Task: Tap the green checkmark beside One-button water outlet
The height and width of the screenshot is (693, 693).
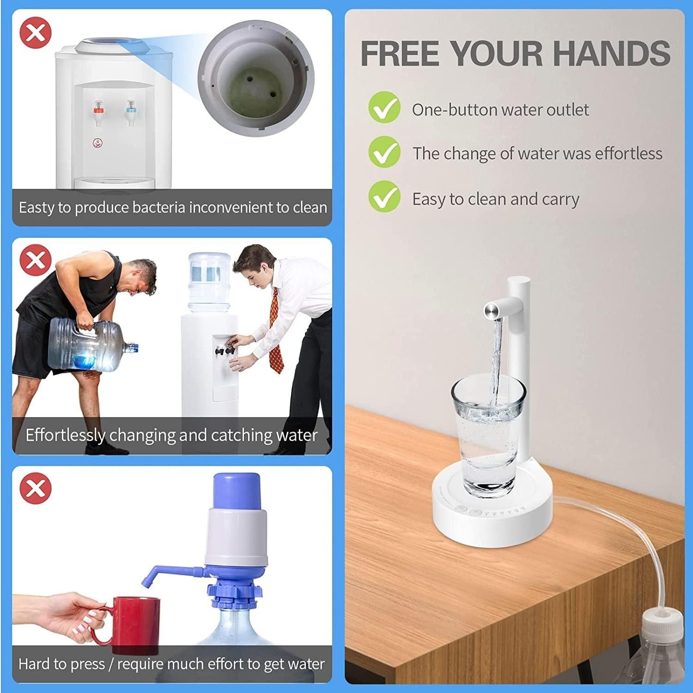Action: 384,107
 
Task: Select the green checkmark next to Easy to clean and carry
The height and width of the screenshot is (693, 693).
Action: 384,197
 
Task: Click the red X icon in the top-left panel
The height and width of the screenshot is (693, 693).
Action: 35,33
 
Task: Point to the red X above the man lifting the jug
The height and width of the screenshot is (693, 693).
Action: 35,260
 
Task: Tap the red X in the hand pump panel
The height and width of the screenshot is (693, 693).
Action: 35,488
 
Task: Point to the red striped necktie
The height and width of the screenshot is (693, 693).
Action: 275,331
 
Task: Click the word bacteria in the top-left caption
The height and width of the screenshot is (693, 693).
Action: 156,208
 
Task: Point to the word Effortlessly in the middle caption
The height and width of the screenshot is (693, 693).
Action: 65,435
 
